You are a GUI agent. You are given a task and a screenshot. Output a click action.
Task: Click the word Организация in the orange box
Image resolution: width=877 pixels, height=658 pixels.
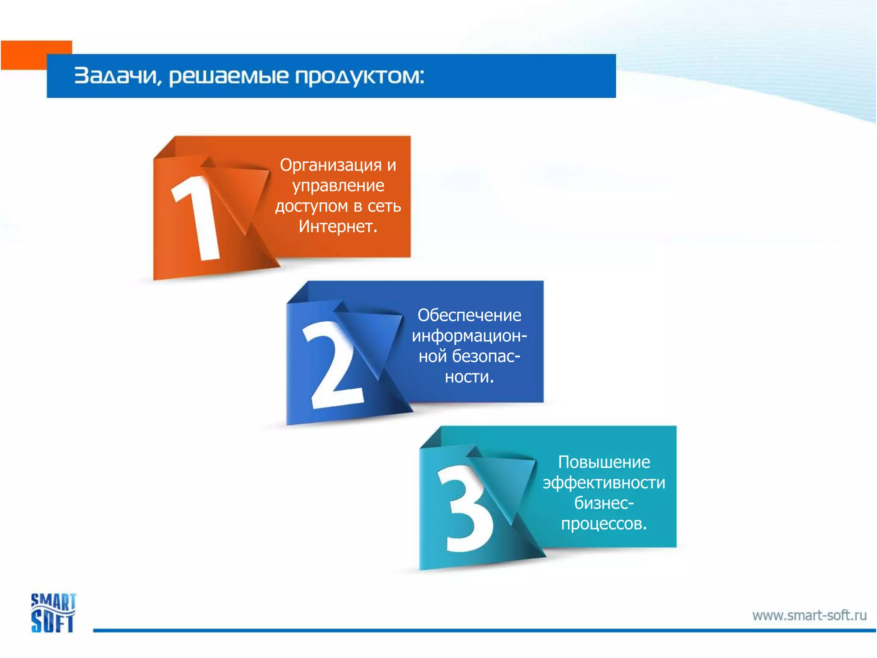point(331,165)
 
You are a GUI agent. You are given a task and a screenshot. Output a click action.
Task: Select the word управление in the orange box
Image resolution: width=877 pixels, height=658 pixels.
point(338,186)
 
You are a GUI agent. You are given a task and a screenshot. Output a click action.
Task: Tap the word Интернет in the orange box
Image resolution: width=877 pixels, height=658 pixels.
point(337,227)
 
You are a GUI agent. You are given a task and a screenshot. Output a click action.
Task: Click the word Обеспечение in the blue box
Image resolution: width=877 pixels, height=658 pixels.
point(469,315)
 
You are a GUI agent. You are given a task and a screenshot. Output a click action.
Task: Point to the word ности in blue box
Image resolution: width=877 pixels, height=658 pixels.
point(468,377)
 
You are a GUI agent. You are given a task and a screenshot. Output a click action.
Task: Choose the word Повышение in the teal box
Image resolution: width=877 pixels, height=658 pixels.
point(604,462)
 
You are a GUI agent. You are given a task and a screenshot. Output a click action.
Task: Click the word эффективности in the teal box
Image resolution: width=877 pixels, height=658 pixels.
point(604,483)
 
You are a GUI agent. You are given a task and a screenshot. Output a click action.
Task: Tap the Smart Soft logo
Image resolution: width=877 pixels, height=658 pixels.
point(53,613)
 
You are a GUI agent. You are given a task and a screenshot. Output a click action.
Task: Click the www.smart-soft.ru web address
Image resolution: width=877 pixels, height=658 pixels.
point(809,616)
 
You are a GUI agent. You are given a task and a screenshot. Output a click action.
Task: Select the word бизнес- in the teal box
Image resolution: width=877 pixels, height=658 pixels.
point(604,503)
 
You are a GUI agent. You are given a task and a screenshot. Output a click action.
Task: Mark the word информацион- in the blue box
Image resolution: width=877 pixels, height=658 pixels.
point(469,336)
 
